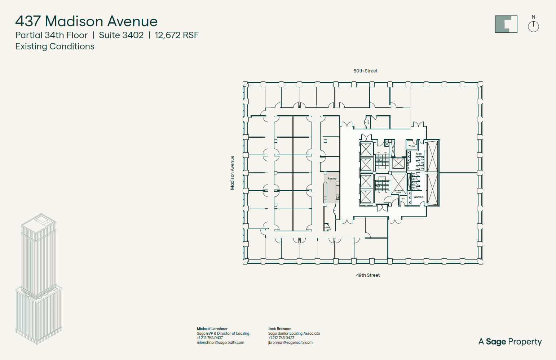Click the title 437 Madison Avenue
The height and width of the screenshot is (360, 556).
[86, 21]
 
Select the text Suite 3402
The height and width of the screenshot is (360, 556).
[121, 35]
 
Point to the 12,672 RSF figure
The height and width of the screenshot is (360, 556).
[177, 35]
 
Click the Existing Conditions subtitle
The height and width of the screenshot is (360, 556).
[55, 46]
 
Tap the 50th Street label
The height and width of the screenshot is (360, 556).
[365, 71]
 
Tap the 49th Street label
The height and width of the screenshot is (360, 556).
[368, 275]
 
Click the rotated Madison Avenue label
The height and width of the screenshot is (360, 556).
[232, 173]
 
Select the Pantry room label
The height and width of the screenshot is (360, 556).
[332, 179]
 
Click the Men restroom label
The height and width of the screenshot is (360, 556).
[419, 154]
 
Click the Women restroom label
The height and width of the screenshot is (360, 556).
[418, 197]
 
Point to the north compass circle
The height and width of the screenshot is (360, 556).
[533, 27]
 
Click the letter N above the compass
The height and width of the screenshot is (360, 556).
[533, 17]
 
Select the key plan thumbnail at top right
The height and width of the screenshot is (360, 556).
[506, 24]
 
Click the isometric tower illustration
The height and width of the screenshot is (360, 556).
[38, 279]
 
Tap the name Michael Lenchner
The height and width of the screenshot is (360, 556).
[212, 329]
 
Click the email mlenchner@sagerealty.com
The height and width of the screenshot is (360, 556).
[220, 343]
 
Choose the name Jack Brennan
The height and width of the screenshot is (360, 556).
[280, 329]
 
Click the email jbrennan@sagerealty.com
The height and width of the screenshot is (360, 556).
[290, 343]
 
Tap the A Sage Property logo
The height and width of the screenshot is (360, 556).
[510, 342]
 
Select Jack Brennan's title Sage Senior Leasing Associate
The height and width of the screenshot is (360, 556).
[294, 333]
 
